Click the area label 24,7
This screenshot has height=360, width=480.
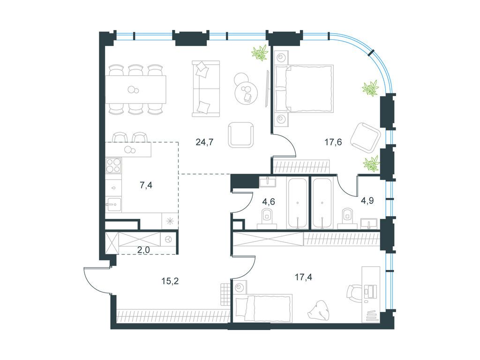pos(204,142)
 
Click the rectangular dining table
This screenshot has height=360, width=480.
pos(135,89)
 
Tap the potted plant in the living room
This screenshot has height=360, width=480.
pos(259,53)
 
